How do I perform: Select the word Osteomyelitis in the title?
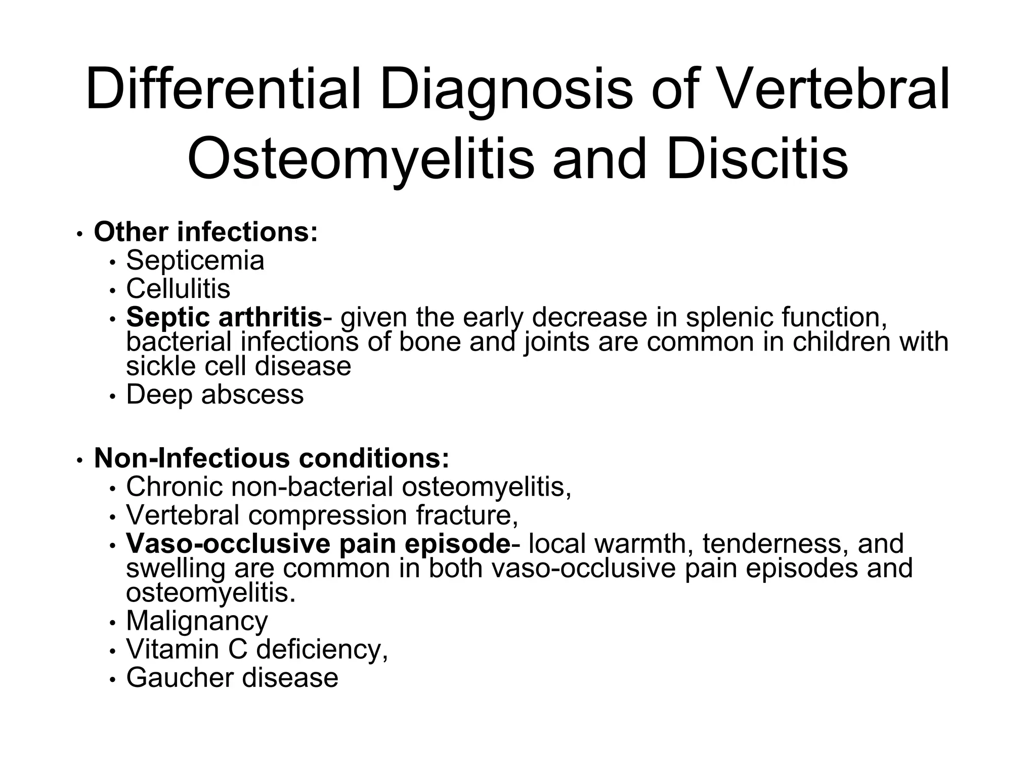pyautogui.click(x=361, y=159)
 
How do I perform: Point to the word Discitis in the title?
pyautogui.click(x=757, y=159)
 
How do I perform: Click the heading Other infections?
pyautogui.click(x=206, y=232)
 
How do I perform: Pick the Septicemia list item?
pyautogui.click(x=195, y=261)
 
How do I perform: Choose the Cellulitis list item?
pyautogui.click(x=178, y=289)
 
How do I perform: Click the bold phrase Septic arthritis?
pyautogui.click(x=224, y=318)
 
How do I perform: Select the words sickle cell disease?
pyautogui.click(x=238, y=366)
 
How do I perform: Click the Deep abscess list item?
pyautogui.click(x=215, y=395)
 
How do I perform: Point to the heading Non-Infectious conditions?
pyautogui.click(x=272, y=458)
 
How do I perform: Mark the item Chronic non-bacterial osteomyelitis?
pyautogui.click(x=348, y=487)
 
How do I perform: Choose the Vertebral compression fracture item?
pyautogui.click(x=322, y=515)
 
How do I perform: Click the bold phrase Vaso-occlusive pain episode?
pyautogui.click(x=318, y=544)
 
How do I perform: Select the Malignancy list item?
pyautogui.click(x=197, y=621)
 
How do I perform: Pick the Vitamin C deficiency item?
pyautogui.click(x=256, y=649)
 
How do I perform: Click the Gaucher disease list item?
pyautogui.click(x=232, y=678)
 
